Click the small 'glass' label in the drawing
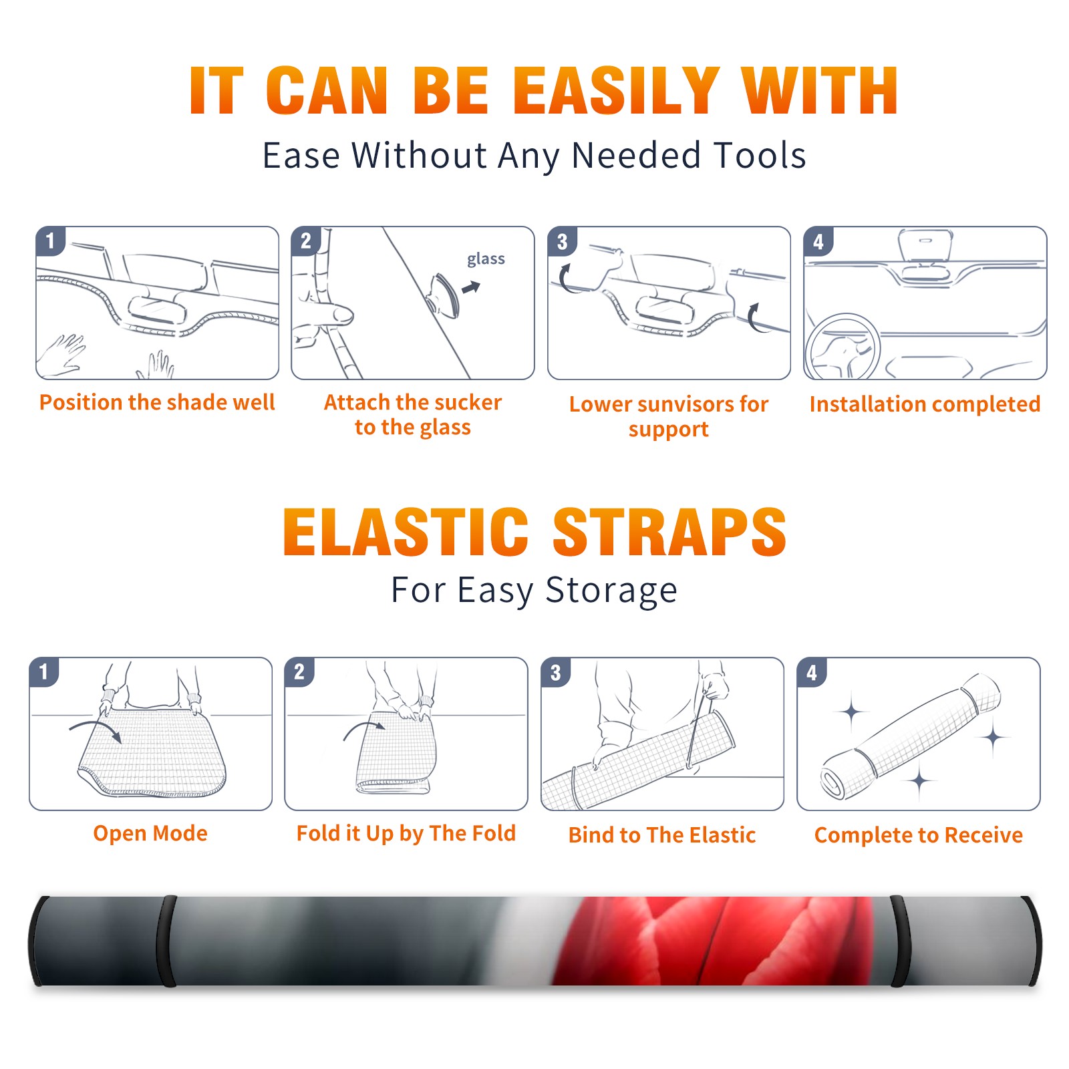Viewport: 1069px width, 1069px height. click(x=486, y=259)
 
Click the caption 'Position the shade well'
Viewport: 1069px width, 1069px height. click(x=157, y=402)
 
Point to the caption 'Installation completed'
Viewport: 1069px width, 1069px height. click(x=925, y=404)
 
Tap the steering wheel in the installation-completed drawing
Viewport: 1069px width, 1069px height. click(x=843, y=347)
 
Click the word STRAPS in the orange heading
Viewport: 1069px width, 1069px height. click(x=669, y=532)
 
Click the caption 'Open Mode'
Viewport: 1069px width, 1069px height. click(x=150, y=833)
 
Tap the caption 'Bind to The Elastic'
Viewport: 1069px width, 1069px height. click(x=661, y=835)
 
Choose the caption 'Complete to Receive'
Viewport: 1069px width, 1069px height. click(x=919, y=835)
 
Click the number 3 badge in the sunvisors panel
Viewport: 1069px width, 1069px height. click(x=562, y=241)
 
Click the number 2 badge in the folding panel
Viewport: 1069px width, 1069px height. click(x=299, y=671)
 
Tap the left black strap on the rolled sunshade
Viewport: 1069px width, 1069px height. click(x=166, y=941)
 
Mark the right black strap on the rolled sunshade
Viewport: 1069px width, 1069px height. click(x=898, y=941)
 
